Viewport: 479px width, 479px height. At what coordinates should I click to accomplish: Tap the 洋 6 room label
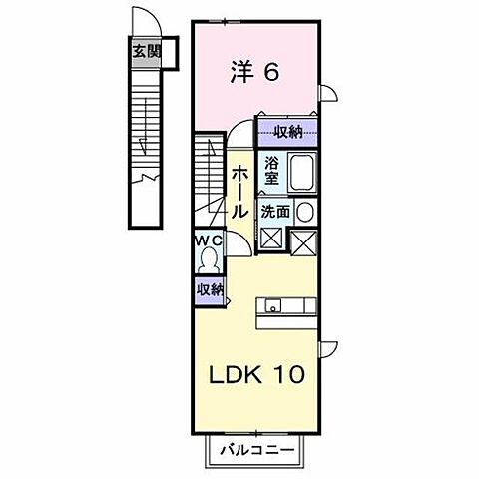(x=255, y=71)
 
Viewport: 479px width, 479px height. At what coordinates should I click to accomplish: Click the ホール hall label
(x=240, y=192)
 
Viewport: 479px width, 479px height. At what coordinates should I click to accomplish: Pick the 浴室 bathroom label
(x=271, y=171)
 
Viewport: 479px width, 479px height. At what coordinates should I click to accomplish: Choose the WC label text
(x=208, y=240)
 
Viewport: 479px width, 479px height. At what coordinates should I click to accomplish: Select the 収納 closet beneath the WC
(x=208, y=289)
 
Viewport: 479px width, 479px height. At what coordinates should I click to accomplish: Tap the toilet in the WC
(x=209, y=259)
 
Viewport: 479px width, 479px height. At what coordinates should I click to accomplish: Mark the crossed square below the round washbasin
(x=305, y=240)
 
